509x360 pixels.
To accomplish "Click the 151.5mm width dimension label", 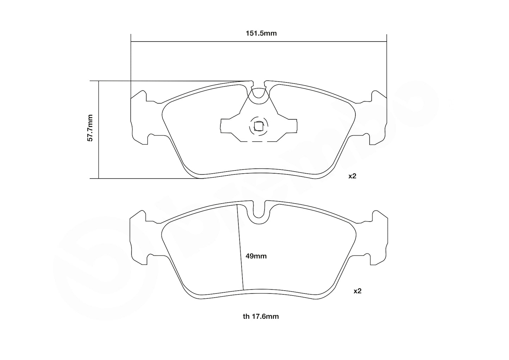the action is [x=261, y=33].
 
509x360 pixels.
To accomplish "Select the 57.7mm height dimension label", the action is [x=90, y=128].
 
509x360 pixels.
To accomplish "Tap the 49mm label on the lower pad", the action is [x=256, y=256].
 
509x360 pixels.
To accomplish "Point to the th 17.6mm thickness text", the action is [x=261, y=316].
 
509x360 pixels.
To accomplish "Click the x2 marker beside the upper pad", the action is [x=353, y=176].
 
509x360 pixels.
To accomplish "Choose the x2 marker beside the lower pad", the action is [x=358, y=291].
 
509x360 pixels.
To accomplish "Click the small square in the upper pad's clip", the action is [x=259, y=126].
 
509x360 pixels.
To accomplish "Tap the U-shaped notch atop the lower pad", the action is [x=259, y=210].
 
